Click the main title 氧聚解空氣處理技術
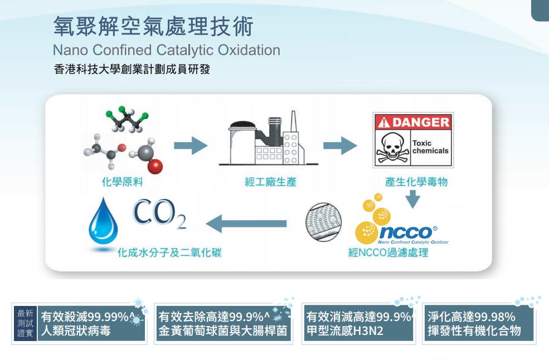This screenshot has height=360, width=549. click(x=153, y=26)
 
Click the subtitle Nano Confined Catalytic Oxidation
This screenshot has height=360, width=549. click(x=166, y=50)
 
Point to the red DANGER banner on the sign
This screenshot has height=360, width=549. click(x=412, y=122)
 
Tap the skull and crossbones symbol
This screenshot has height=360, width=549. click(x=391, y=148)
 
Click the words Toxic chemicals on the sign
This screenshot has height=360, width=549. click(x=430, y=147)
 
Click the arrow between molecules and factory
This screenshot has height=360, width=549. click(x=190, y=147)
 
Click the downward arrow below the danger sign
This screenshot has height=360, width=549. click(x=412, y=199)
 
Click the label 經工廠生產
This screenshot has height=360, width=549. click(x=271, y=182)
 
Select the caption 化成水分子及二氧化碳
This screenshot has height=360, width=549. click(x=169, y=254)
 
